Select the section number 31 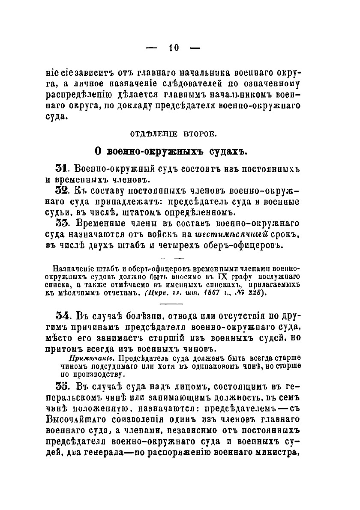[x=63, y=169]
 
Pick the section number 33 [x=63, y=224]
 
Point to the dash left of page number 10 [x=153, y=48]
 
